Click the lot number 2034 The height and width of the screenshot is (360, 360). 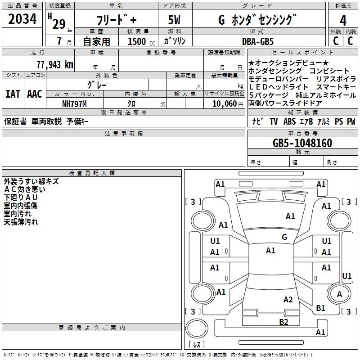[22, 19]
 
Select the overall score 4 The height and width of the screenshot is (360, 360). [343, 20]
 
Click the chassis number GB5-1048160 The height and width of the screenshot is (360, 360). [302, 143]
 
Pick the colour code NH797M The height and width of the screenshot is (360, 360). [74, 103]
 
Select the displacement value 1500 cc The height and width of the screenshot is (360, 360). [140, 41]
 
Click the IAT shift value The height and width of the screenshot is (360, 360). [13, 94]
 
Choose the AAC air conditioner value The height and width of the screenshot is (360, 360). [35, 94]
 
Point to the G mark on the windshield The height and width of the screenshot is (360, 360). [284, 237]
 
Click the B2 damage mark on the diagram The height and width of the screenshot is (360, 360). [283, 322]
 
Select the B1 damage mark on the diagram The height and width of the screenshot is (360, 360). [320, 308]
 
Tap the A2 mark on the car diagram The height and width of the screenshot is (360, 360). [288, 300]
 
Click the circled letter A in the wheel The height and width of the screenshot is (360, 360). [339, 294]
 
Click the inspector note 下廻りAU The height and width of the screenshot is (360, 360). [21, 198]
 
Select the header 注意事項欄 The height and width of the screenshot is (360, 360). [124, 134]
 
